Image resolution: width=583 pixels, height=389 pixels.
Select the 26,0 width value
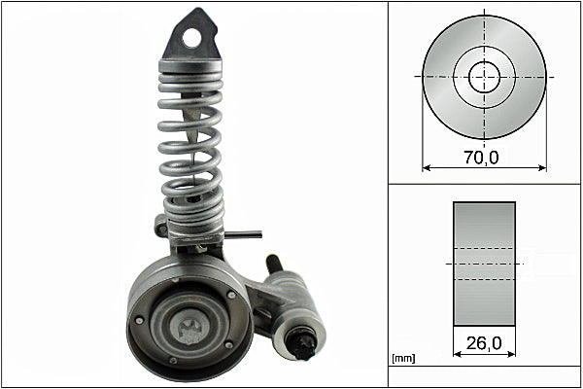(483, 342)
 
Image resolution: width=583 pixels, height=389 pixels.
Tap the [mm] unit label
(403, 359)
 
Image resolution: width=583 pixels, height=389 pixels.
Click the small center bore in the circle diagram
(484, 77)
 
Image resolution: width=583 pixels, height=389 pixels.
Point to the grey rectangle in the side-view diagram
(484, 264)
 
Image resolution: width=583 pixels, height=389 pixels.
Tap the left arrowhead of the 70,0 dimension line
(426, 167)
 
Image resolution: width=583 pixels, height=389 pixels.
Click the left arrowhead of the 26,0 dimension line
(457, 353)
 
